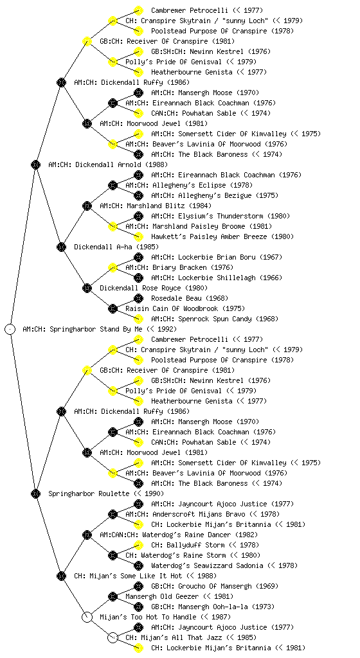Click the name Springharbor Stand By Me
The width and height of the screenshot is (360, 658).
96,329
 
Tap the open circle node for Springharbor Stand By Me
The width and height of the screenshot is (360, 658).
10,329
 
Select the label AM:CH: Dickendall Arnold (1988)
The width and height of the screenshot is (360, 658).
108,164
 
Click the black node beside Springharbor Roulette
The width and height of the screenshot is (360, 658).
35,493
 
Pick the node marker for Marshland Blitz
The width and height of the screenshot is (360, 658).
87,206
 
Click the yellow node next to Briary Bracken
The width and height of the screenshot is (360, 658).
113,267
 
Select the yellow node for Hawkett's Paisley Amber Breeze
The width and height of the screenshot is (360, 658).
138,236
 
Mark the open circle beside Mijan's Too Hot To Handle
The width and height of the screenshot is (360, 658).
87,617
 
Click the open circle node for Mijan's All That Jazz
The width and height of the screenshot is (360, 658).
113,637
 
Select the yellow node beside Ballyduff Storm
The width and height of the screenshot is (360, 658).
138,545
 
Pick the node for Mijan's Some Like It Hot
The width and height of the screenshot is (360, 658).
61,576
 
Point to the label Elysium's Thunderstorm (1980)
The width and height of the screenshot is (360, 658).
221,216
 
